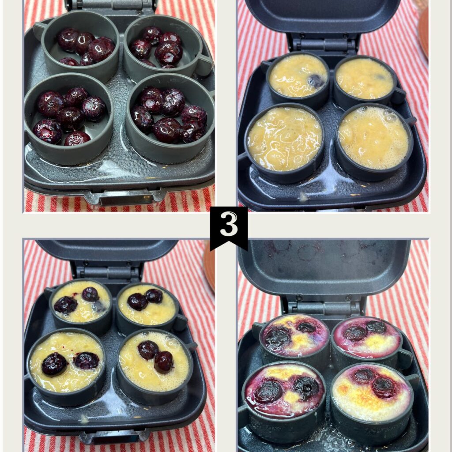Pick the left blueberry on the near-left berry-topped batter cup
pyautogui.click(x=54, y=364)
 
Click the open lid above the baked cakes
pyautogui.click(x=324, y=265)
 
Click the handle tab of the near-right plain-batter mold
pyautogui.click(x=411, y=121)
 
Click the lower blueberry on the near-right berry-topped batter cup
pyautogui.click(x=163, y=362)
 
